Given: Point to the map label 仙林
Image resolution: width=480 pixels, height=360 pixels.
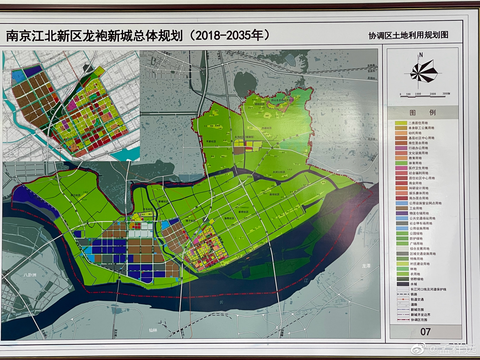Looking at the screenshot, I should point(153,330).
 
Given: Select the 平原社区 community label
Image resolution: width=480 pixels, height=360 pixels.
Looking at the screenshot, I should point(211,141).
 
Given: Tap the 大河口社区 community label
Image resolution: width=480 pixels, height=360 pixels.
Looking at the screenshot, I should point(279,172).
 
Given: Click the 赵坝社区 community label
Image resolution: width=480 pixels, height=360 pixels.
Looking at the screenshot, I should point(274,194).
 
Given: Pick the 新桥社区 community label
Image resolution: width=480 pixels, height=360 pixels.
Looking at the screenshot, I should point(244,212).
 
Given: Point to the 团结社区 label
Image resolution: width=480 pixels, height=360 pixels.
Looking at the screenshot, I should point(260,104).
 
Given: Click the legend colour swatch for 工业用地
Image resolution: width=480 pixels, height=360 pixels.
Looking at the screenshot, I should point(401,208).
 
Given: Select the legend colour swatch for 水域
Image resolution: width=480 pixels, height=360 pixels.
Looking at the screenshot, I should point(401,284).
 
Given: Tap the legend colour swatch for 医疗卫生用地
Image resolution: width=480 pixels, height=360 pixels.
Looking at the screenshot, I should point(401,168).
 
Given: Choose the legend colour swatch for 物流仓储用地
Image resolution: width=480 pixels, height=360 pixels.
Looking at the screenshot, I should point(401,213).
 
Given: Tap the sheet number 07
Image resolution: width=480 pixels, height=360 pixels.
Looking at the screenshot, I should point(425,332).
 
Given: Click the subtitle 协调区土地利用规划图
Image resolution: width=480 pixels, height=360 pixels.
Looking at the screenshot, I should point(408,35).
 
